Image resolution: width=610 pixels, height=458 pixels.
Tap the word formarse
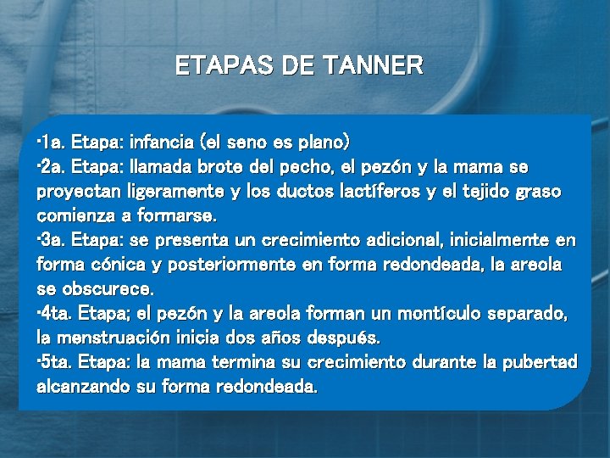tap(181, 215)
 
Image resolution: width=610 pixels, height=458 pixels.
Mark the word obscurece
tap(109, 289)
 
